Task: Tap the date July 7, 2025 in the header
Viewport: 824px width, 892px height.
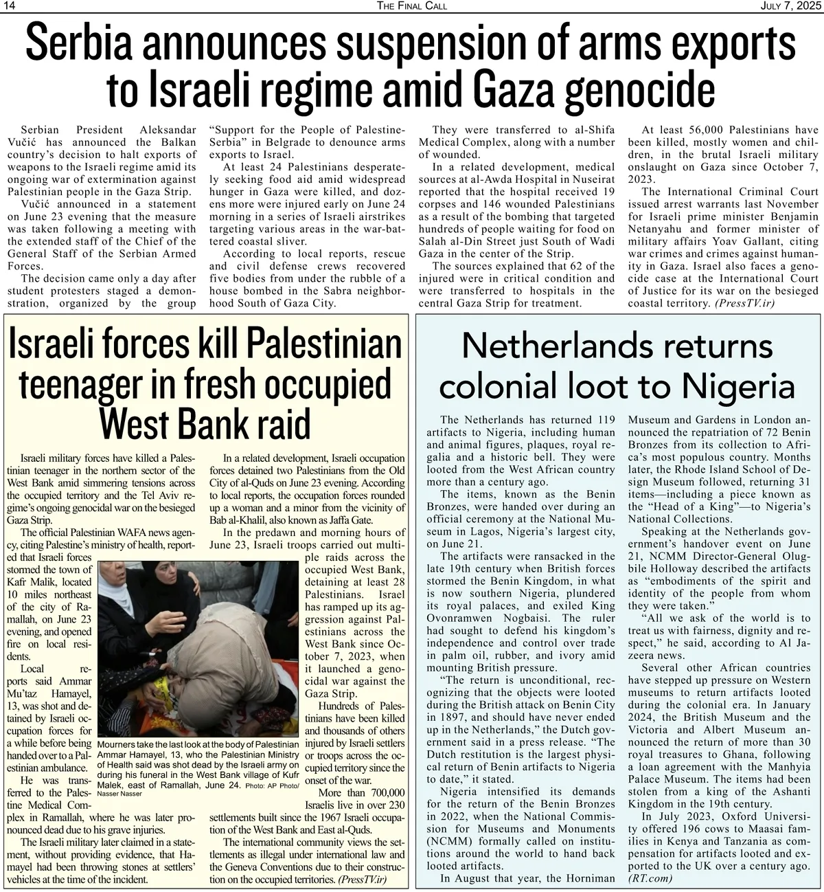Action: (790, 6)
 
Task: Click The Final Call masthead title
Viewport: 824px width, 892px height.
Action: (412, 6)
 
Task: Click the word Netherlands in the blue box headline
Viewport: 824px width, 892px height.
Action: (549, 346)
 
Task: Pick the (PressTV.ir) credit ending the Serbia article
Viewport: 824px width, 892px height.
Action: (743, 303)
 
